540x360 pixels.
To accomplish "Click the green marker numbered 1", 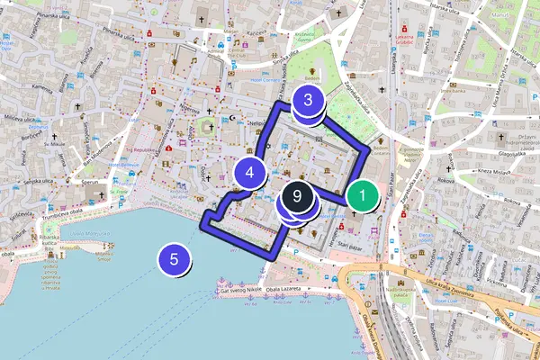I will pos(362,195).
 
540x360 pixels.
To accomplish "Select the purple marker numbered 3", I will pos(308,101).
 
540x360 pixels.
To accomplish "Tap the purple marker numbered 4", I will pos(250,170).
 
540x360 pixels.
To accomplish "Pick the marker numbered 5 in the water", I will pos(175,260).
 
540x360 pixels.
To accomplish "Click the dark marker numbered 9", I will pos(297,195).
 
